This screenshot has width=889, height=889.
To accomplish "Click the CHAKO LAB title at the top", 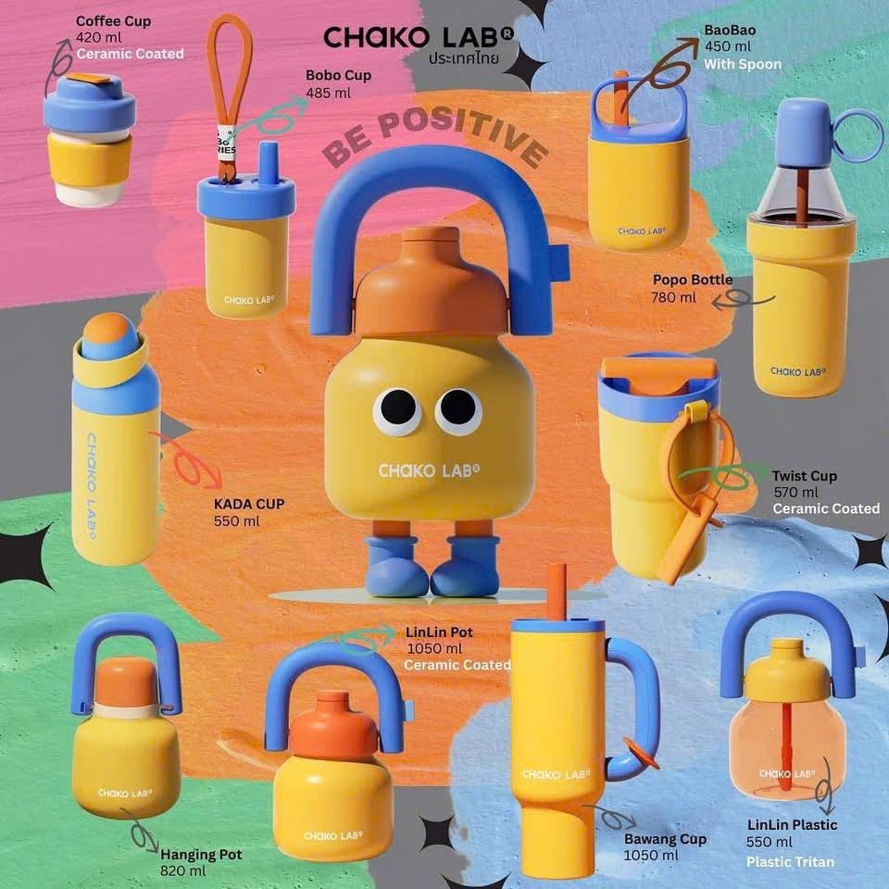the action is [419, 37].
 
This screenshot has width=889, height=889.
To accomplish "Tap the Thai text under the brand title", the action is [464, 58].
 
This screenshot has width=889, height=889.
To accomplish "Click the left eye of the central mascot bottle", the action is [397, 410].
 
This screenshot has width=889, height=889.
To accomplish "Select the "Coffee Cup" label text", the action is [113, 21].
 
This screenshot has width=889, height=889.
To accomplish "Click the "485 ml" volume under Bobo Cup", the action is [328, 93].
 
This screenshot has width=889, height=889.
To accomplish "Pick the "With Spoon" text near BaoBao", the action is [743, 64].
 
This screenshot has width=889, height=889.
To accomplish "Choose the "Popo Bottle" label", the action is [693, 280].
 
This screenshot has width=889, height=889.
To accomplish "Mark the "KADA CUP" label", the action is [249, 504].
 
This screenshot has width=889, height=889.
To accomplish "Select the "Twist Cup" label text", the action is [804, 476].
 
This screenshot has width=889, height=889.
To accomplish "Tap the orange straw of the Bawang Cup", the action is [557, 592].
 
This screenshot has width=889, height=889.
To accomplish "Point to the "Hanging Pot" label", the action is [201, 855].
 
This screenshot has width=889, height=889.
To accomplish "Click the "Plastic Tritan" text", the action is [790, 862].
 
